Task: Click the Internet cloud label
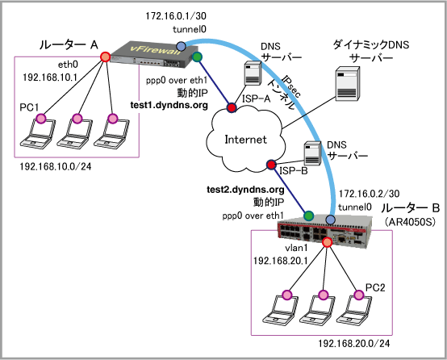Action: coord(246,140)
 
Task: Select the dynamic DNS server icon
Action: coord(347,84)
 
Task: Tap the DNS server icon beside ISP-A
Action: coord(253,73)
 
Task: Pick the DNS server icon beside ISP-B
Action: coord(312,153)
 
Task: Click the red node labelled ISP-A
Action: coord(232,107)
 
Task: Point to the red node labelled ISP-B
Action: coord(271,165)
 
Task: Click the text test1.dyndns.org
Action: coord(169,105)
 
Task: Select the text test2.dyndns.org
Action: coord(245,190)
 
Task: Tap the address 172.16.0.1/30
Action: coord(176,16)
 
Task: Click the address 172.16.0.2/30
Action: coord(370,194)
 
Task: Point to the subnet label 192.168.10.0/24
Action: coord(56,166)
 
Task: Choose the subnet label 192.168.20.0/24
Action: coord(353,344)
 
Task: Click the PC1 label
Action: coord(29,107)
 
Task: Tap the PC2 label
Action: coord(375,287)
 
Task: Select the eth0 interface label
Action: coord(68,65)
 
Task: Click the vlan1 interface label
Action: coord(296,248)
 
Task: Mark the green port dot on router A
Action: coord(197,57)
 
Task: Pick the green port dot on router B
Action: coord(308,216)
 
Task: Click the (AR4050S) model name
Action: coord(410,222)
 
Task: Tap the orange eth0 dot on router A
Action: coord(105,57)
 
